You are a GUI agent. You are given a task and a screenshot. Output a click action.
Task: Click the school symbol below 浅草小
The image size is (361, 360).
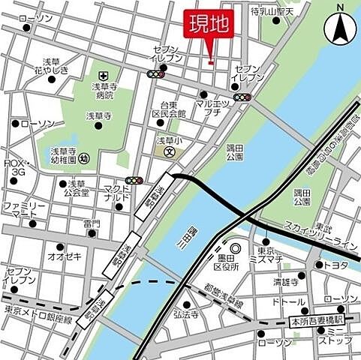coord(170,151)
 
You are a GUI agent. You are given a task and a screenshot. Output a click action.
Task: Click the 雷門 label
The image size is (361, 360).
coord(92,223)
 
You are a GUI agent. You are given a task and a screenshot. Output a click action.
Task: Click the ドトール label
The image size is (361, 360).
coord(288,301)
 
